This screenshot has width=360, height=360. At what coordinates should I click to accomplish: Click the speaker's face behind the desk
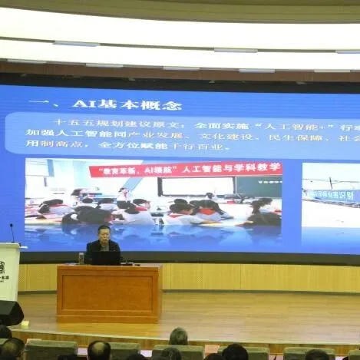pos(104,233)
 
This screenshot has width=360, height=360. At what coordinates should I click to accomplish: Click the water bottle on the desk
pos(81,258)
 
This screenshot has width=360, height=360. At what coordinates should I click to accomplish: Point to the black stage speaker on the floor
pos(10,312)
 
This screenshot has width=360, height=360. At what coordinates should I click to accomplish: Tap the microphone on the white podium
pos(12,232)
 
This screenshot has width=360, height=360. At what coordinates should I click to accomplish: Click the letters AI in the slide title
pos(81,104)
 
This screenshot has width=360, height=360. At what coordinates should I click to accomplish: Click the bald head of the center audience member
pos(178,335)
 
